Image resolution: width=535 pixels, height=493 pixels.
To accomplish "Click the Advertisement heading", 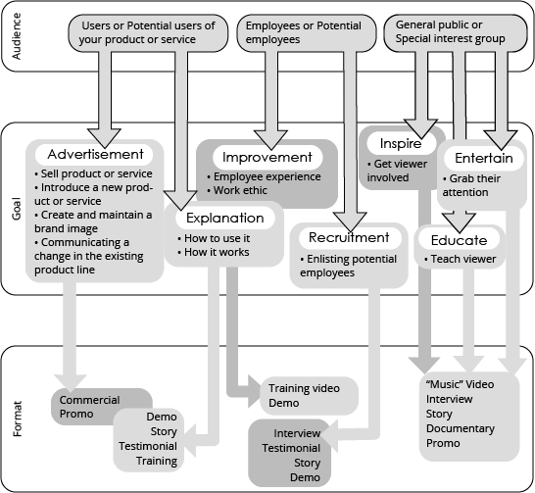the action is (x=95, y=154).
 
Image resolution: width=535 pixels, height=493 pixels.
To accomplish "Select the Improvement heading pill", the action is (x=267, y=157).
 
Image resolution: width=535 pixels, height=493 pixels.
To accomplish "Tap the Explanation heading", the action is (x=225, y=218).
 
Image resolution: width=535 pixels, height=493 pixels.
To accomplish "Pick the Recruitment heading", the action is (x=349, y=237).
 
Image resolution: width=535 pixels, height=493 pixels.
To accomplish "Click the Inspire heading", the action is (x=401, y=143).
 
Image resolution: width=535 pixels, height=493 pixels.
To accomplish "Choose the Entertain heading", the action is (x=484, y=158).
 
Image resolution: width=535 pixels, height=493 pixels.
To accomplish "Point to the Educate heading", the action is (x=459, y=240).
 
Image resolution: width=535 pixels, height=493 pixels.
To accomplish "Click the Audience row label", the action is (x=17, y=36).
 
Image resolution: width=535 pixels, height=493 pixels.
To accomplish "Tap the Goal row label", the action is (x=17, y=209).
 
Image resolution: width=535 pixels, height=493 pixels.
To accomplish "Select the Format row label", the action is (x=17, y=419).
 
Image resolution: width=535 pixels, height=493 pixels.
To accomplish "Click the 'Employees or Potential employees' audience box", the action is (x=307, y=32).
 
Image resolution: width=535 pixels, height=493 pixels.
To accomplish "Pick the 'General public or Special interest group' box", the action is (x=456, y=32).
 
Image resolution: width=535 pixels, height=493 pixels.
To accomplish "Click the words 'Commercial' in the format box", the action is (x=89, y=400).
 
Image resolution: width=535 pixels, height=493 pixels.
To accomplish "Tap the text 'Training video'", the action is (x=304, y=388).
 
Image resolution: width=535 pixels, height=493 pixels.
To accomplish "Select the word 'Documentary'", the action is (x=461, y=428).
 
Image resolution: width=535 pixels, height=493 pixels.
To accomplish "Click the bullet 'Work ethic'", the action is (x=237, y=190).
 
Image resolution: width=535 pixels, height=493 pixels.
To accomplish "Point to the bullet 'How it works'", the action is (x=214, y=252).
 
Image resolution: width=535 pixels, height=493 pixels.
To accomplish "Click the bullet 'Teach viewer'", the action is (x=460, y=259).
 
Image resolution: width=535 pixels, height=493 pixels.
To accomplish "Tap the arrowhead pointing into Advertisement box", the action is (x=104, y=138).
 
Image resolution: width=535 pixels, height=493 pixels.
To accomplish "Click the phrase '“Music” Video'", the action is (x=460, y=384).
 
